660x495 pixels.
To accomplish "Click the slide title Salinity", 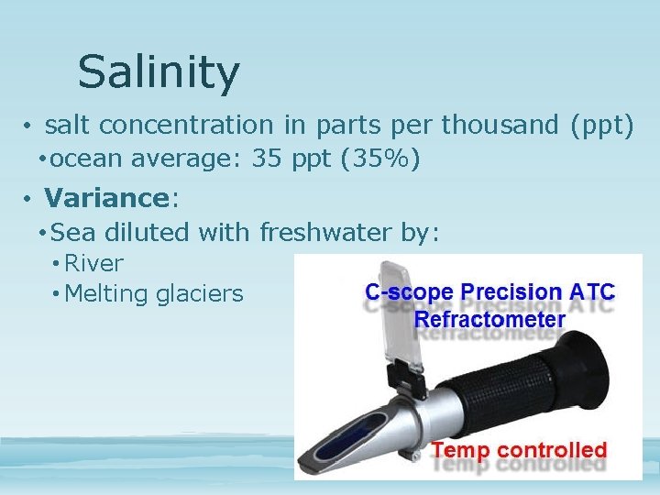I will [x=159, y=71].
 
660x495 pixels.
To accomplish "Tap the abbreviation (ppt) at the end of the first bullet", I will [x=601, y=124].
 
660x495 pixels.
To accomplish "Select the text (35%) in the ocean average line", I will [x=379, y=160].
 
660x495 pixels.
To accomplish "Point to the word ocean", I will [x=89, y=160].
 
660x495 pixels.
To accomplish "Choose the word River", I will [x=93, y=263].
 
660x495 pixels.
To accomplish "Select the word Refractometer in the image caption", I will [x=489, y=320].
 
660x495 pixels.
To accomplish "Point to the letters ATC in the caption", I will [x=592, y=292].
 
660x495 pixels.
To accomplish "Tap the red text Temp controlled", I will [x=519, y=450].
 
